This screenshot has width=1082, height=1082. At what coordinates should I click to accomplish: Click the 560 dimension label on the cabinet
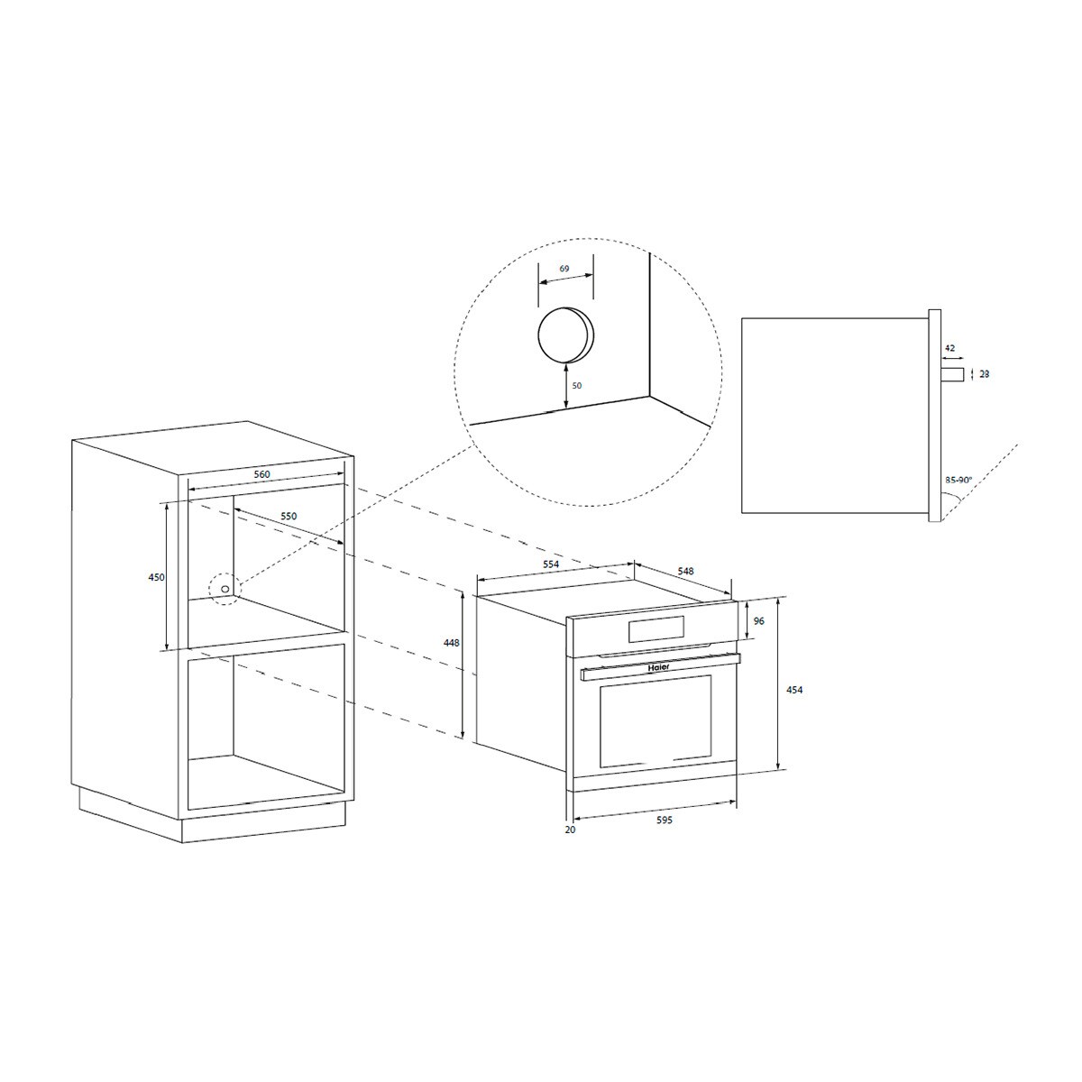tap(262, 474)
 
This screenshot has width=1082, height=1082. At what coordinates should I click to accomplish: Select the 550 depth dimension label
tap(288, 516)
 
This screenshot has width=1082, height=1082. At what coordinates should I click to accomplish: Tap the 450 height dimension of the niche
tap(157, 578)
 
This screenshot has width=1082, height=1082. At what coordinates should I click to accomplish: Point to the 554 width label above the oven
tap(551, 564)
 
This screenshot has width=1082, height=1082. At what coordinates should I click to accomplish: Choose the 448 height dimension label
tap(452, 643)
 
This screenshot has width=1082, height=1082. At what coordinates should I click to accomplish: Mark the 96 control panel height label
tap(758, 621)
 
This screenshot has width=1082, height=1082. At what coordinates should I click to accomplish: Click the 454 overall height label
tap(793, 690)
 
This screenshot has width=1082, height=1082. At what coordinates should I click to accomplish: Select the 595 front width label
tap(665, 821)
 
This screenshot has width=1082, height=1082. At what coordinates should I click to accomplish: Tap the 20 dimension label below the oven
tap(569, 830)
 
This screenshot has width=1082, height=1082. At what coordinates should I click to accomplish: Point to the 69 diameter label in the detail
tap(564, 269)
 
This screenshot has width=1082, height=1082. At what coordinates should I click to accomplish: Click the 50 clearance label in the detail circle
tap(577, 386)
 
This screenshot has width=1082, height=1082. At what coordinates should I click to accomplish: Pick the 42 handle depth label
tap(950, 346)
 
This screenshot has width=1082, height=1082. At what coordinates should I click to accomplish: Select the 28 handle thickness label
tap(984, 373)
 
